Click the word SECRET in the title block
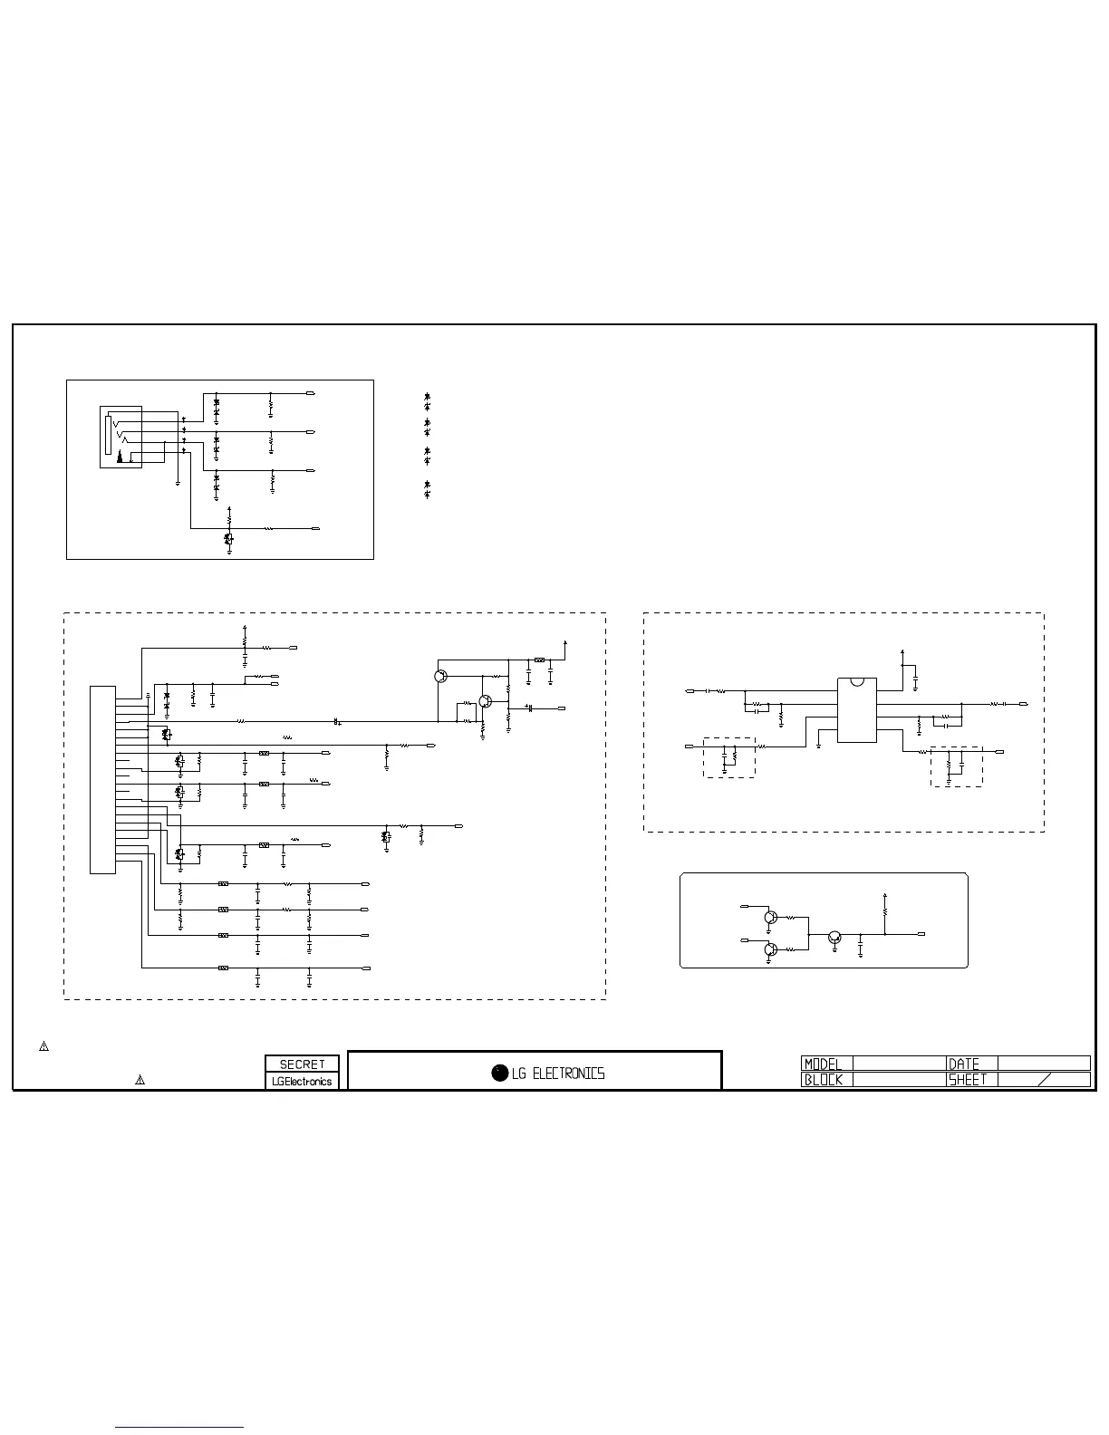[302, 1064]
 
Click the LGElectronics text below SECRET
[302, 1082]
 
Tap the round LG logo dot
[499, 1073]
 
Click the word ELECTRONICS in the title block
[570, 1074]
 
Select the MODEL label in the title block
[823, 1064]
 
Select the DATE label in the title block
[964, 1064]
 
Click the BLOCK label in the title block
[823, 1080]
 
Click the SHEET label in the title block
[967, 1080]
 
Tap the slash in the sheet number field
[1044, 1079]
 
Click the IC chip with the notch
[856, 709]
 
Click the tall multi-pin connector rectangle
[102, 780]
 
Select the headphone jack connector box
[121, 437]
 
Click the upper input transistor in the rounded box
[769, 917]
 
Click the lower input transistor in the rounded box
[769, 949]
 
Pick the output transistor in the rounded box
[834, 939]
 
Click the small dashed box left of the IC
[729, 756]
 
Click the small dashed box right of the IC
[956, 766]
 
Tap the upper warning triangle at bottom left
[43, 1046]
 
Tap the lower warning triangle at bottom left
[140, 1080]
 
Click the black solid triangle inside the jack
[121, 457]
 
